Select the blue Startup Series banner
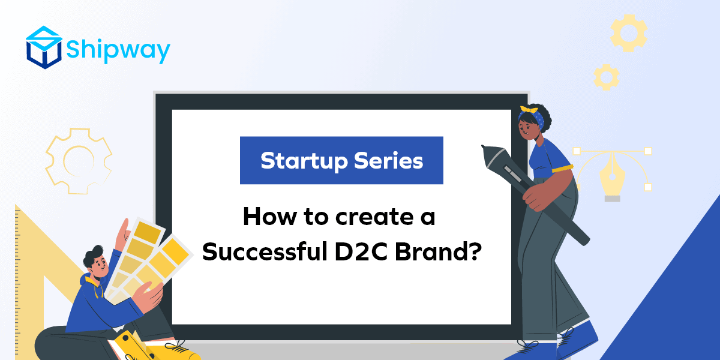tap(341, 160)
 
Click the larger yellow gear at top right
tap(628, 32)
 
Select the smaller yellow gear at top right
tap(606, 77)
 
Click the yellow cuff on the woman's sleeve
tap(562, 169)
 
